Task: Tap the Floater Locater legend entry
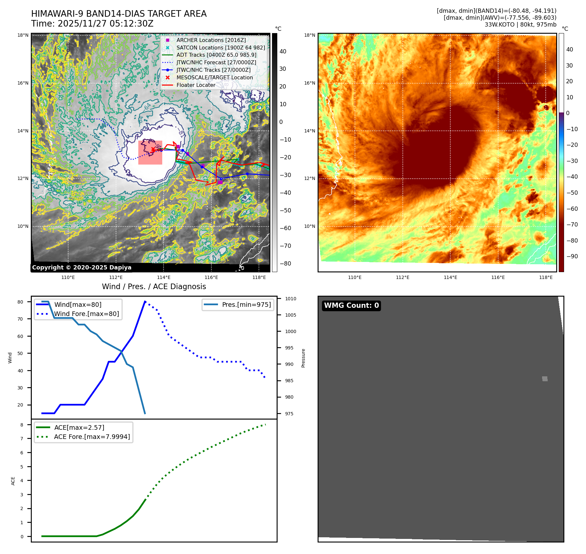point(196,85)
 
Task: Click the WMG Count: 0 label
point(351,306)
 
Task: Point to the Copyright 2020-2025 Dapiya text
point(82,267)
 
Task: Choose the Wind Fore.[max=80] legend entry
point(86,314)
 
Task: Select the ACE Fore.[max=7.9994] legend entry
point(92,437)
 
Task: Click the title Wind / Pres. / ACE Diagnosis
point(154,287)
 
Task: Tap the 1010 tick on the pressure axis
point(290,299)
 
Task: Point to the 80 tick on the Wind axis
point(20,302)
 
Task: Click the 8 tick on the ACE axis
point(22,425)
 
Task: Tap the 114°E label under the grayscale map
point(164,277)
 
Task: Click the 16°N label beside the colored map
point(309,83)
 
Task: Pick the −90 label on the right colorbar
point(572,256)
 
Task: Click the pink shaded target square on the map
point(150,153)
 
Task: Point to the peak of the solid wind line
point(145,302)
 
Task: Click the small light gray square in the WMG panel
point(545,379)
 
